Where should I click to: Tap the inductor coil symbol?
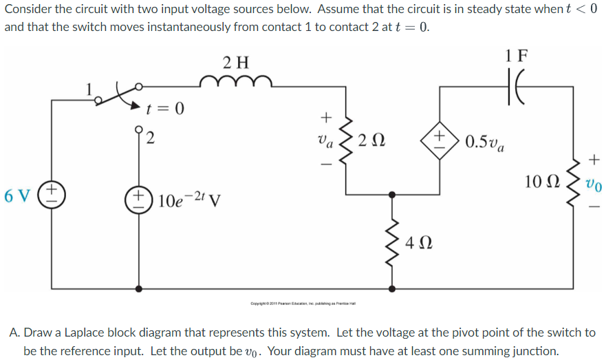tap(237, 84)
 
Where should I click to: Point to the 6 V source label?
tap(16, 195)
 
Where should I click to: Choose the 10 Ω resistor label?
tap(540, 182)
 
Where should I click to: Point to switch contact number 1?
tap(88, 89)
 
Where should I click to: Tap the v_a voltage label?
tap(325, 140)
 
